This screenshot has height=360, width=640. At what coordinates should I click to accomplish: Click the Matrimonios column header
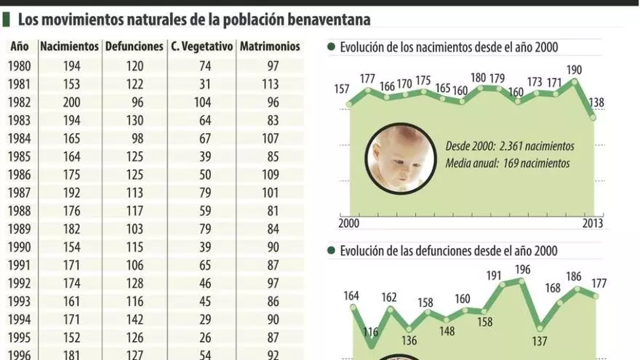(x=270, y=46)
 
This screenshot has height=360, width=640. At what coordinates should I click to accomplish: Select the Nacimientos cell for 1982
(x=71, y=102)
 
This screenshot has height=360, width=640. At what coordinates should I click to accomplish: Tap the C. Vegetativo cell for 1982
(x=202, y=102)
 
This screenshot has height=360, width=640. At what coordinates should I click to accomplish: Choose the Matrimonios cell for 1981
(x=270, y=84)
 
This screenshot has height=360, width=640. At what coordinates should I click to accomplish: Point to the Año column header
(x=20, y=46)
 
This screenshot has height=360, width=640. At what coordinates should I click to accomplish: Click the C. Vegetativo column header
(x=202, y=46)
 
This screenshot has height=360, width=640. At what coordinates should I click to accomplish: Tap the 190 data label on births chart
(x=575, y=71)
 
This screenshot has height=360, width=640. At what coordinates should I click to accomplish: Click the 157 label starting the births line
(x=341, y=89)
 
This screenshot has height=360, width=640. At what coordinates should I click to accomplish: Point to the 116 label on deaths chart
(x=371, y=332)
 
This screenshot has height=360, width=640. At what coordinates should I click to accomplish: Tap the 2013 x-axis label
(x=593, y=224)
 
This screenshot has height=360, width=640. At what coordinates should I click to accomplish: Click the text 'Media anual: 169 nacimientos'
(x=508, y=164)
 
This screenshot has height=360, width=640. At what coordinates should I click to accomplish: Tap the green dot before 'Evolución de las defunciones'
(x=331, y=251)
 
